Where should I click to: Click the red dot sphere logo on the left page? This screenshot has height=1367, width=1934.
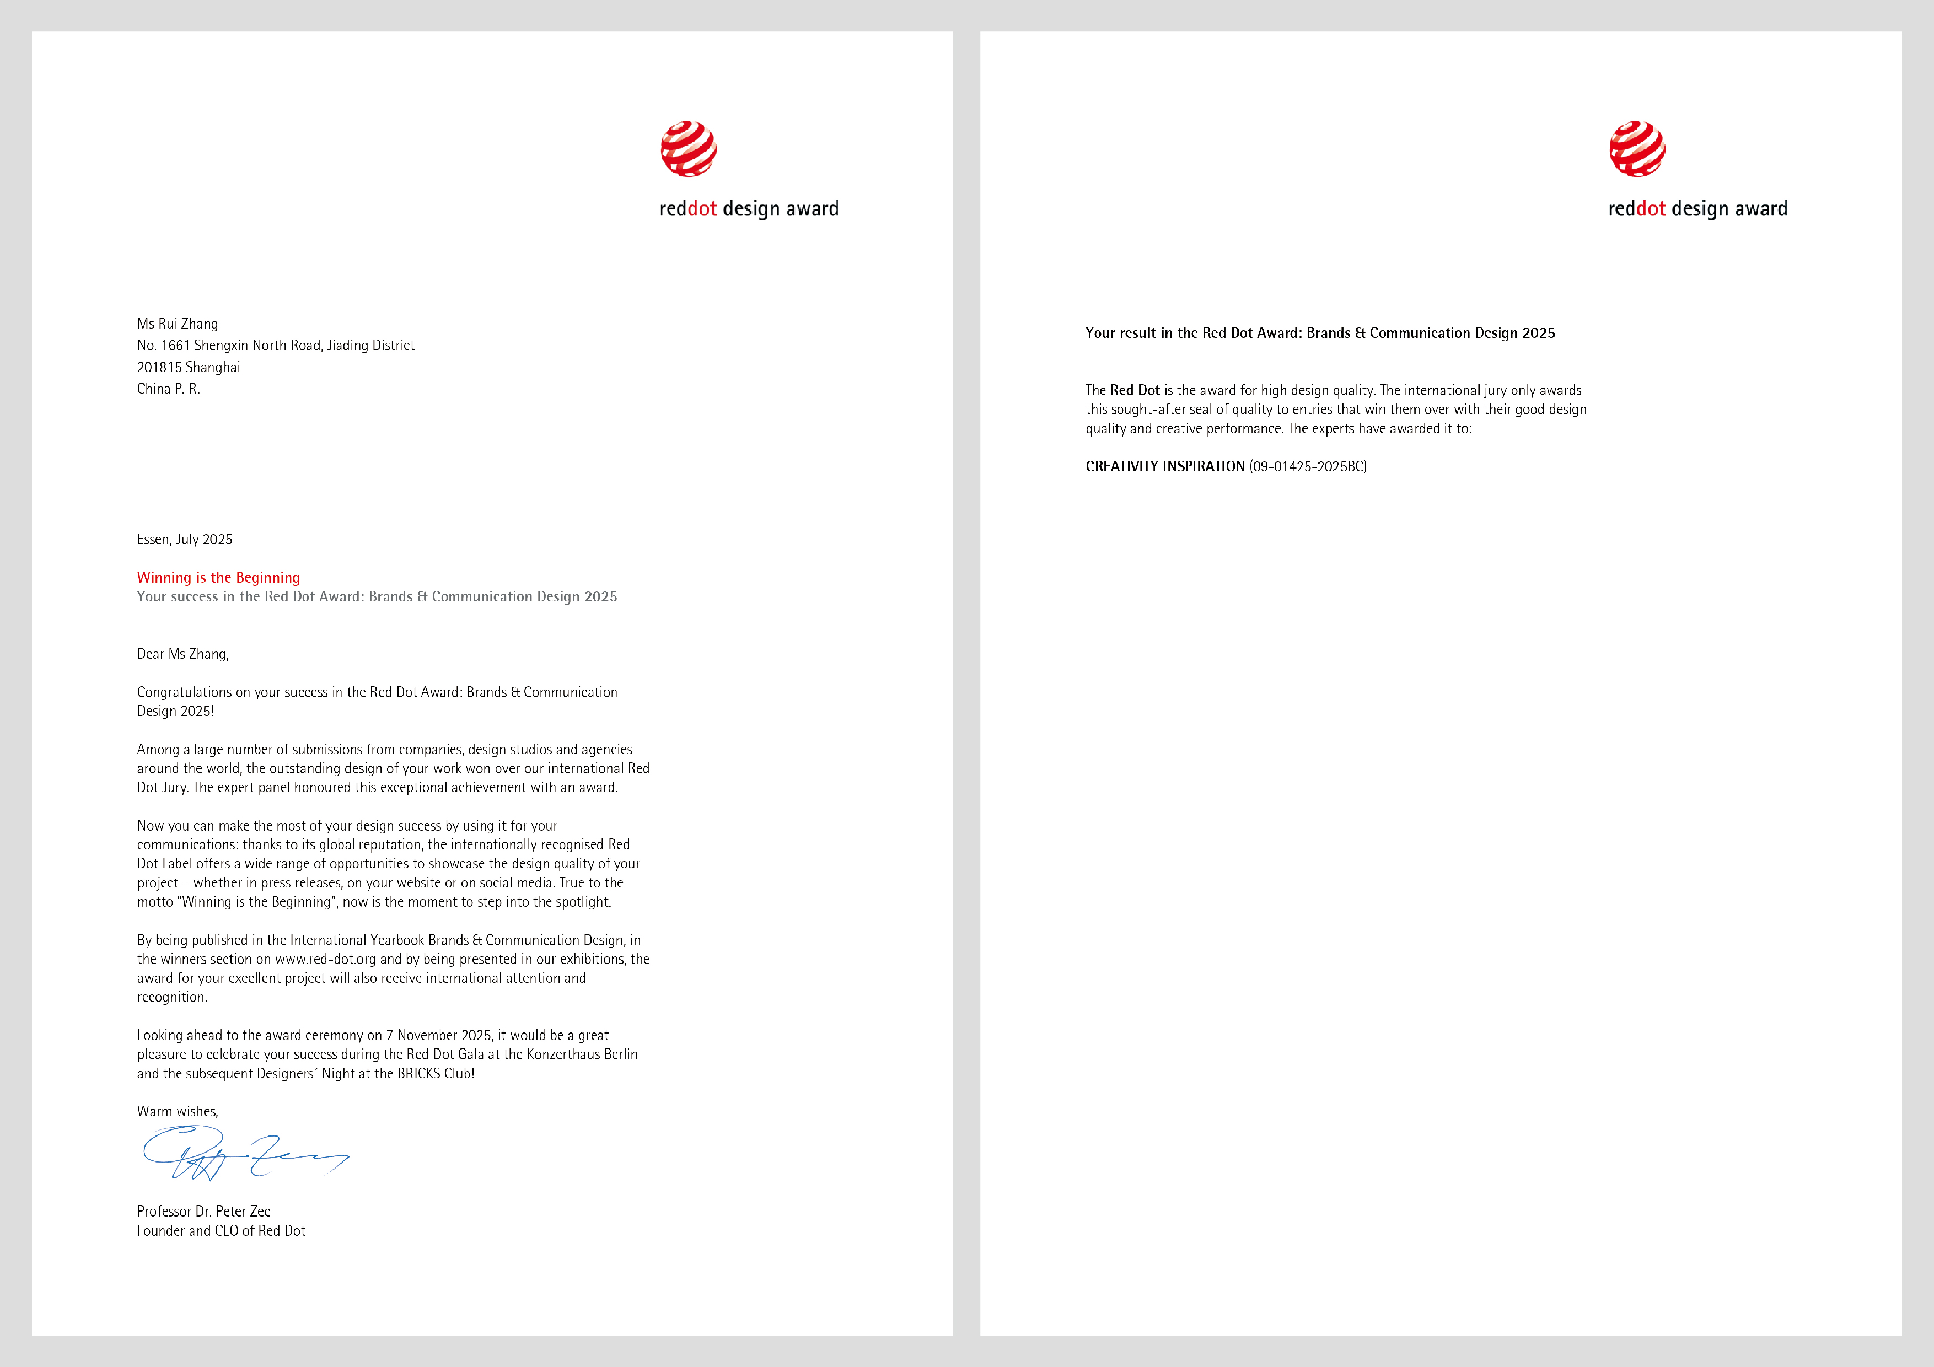pos(688,149)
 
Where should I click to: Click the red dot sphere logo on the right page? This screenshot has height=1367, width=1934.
pos(1637,149)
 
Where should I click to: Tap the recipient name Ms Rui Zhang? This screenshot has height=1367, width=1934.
pos(177,324)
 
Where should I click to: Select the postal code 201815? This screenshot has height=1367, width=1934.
pos(159,367)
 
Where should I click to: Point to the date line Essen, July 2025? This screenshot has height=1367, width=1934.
pos(185,539)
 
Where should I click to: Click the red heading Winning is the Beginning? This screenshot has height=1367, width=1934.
pos(218,577)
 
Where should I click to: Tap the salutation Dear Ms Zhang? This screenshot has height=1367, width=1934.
pos(182,654)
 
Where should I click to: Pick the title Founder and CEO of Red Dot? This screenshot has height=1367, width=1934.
pos(221,1230)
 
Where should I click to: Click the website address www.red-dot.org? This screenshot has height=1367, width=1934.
pos(325,959)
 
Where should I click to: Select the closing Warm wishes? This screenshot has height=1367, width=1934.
pos(177,1112)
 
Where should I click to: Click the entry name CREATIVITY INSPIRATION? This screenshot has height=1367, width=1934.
pos(1164,467)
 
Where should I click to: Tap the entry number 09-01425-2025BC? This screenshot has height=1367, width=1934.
pos(1307,467)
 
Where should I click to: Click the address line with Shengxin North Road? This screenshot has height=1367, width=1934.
pos(276,345)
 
